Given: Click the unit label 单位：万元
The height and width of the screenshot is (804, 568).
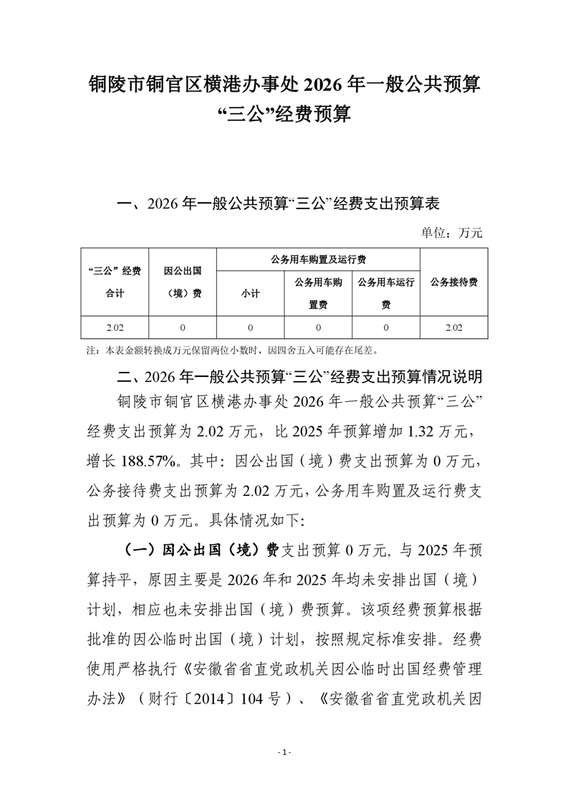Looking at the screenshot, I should pos(452,232).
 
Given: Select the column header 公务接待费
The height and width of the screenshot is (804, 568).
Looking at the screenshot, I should pos(454,282).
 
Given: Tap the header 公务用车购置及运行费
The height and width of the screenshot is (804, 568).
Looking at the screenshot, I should pos(318,259).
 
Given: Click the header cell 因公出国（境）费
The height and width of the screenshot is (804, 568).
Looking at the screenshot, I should pos(182,282).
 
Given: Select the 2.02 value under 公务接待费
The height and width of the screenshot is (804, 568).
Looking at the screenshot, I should pos(454,327).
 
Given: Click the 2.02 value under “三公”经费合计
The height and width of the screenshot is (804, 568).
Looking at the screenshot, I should pos(114,327).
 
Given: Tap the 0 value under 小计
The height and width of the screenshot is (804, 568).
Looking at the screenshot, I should pos(250,327).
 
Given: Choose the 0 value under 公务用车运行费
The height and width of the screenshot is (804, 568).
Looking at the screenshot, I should pos(386,327).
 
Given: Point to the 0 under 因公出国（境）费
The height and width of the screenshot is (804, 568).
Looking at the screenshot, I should pos(182,327).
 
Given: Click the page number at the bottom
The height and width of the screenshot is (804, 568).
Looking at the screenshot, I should pos(284,752).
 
